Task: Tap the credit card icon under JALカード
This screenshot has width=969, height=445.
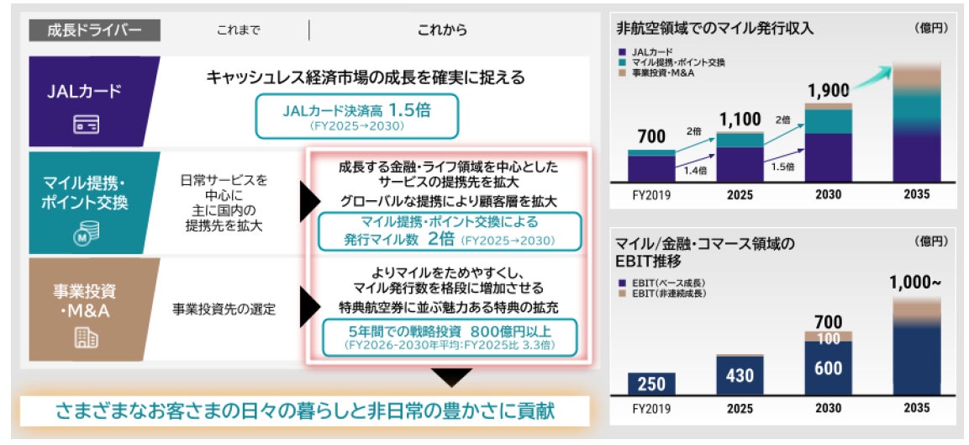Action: click(x=86, y=125)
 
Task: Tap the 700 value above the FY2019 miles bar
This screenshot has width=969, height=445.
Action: click(x=651, y=137)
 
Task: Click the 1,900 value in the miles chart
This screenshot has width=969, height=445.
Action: click(x=828, y=90)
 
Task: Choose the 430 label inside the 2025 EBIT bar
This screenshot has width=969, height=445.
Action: click(x=740, y=375)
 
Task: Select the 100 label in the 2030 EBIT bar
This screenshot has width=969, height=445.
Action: click(x=828, y=338)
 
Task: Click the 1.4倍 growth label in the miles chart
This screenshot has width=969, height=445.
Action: click(x=694, y=170)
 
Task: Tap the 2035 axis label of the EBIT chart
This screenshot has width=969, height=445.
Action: click(x=916, y=408)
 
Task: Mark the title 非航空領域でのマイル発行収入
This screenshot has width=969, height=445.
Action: click(x=714, y=28)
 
